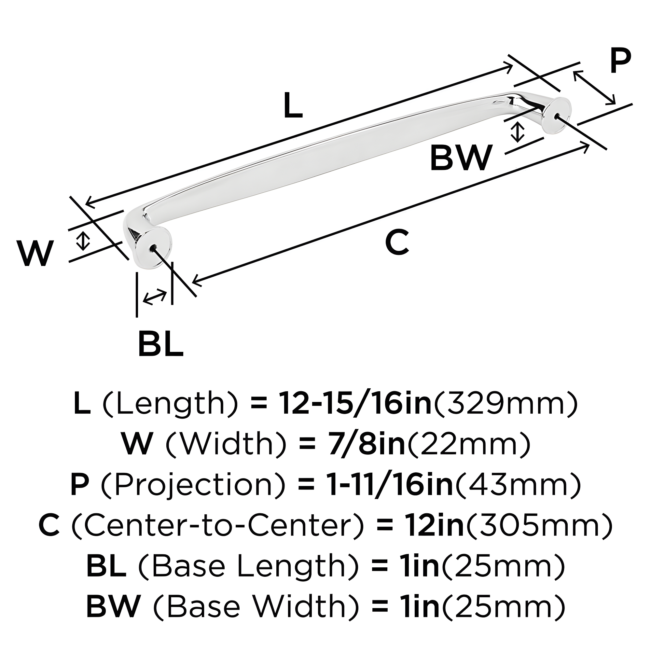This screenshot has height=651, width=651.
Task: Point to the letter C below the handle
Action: click(398, 242)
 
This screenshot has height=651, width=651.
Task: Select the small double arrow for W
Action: click(83, 241)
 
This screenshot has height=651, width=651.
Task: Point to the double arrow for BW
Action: click(517, 132)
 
